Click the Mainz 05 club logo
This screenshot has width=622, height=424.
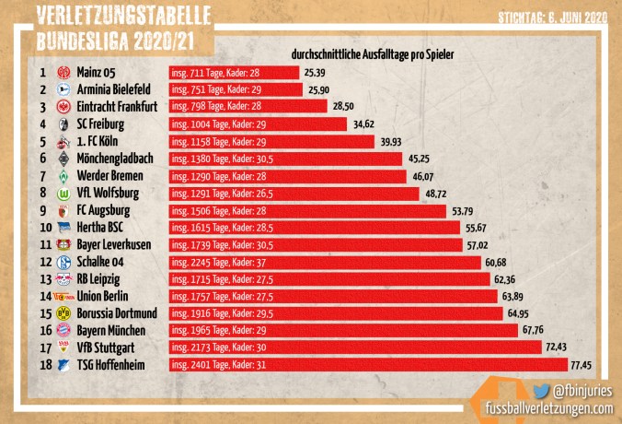[x=63, y=72]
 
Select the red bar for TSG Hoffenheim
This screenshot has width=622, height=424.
[x=367, y=365]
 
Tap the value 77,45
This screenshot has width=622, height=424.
[x=582, y=365]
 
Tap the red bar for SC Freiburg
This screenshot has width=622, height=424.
[x=258, y=124]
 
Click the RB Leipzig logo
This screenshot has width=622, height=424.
[x=63, y=279]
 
